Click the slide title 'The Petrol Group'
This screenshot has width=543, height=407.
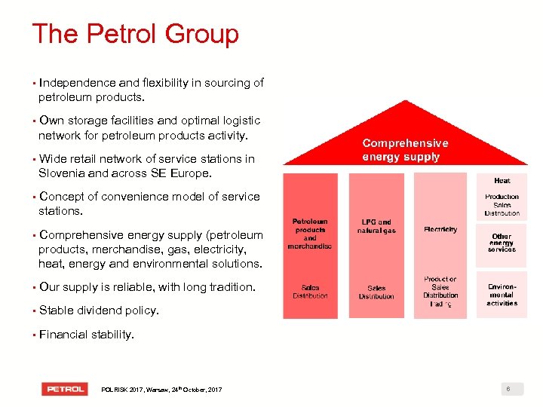[135, 34]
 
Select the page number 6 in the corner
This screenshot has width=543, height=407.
[509, 389]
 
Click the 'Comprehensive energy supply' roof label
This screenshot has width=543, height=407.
[405, 149]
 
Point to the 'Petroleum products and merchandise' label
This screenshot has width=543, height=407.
[310, 234]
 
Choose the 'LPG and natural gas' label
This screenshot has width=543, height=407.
[376, 226]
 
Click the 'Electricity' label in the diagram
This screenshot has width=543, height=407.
[440, 229]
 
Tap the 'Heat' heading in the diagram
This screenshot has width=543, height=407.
[502, 181]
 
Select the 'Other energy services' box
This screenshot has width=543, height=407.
[502, 243]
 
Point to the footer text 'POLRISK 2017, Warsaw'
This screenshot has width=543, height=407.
[161, 390]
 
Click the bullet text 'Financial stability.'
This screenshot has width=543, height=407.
[87, 334]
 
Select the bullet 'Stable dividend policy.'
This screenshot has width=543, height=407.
[99, 311]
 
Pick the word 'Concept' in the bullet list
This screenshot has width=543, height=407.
[63, 197]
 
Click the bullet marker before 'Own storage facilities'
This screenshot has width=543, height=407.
[34, 121]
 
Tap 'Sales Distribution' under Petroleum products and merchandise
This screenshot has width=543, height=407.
[310, 292]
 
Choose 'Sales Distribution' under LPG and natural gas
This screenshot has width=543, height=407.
[376, 292]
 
